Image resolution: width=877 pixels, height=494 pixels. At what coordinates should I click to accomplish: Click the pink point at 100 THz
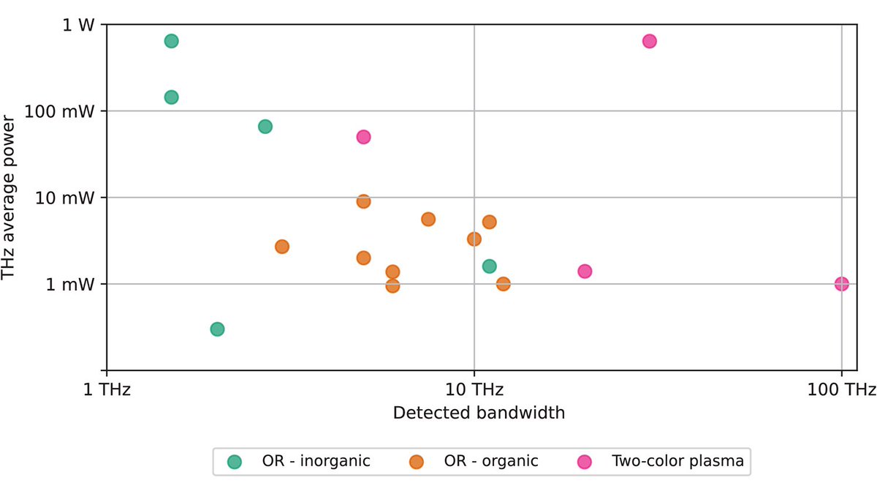pyautogui.click(x=841, y=284)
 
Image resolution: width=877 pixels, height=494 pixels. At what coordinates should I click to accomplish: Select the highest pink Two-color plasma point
pyautogui.click(x=649, y=41)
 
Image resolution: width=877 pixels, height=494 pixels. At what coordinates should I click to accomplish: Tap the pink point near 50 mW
pyautogui.click(x=363, y=137)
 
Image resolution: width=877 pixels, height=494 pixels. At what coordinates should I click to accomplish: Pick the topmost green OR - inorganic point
pyautogui.click(x=171, y=41)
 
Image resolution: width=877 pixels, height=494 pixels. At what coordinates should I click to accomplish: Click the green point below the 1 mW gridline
pyautogui.click(x=217, y=329)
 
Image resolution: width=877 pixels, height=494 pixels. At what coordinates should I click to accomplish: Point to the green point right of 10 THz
pyautogui.click(x=490, y=266)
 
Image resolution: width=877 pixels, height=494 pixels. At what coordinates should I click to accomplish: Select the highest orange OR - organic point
pyautogui.click(x=363, y=201)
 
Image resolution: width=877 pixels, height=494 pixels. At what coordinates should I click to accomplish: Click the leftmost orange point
pyautogui.click(x=282, y=247)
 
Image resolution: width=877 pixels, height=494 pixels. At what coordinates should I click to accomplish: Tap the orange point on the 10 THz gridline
pyautogui.click(x=474, y=239)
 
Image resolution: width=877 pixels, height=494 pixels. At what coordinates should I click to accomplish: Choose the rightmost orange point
pyautogui.click(x=503, y=284)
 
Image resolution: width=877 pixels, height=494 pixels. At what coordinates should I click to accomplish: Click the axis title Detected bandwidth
pyautogui.click(x=479, y=413)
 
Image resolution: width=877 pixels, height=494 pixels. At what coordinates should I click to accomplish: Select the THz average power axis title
pyautogui.click(x=10, y=198)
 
